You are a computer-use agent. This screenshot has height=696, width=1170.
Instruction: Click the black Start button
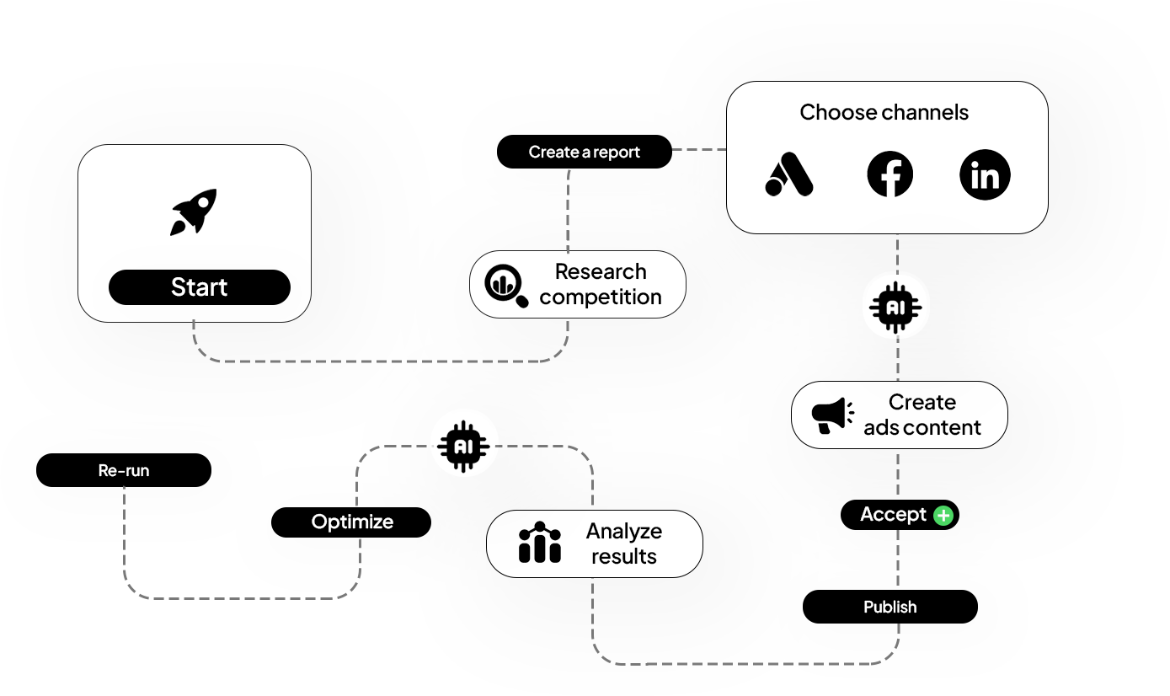click(200, 287)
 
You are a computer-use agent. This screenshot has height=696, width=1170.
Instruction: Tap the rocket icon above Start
click(195, 211)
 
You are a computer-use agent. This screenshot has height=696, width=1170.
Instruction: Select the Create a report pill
click(585, 153)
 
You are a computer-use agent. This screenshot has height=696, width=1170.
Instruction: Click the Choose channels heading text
click(884, 113)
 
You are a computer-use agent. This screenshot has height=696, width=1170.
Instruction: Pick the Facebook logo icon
click(890, 175)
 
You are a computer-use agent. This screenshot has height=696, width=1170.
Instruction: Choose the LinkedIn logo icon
click(985, 175)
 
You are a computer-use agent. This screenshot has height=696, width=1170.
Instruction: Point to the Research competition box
click(578, 285)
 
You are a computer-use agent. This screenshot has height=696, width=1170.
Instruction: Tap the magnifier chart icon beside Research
click(506, 285)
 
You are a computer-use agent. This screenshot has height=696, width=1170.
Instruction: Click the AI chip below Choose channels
click(896, 308)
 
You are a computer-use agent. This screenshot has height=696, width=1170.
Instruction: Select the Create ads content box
click(899, 415)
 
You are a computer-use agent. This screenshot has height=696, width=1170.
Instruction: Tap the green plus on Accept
click(943, 515)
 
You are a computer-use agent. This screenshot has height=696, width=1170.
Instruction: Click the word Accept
click(893, 514)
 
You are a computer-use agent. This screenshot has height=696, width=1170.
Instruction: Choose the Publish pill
click(890, 607)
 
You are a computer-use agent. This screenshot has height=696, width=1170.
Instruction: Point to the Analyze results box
click(595, 543)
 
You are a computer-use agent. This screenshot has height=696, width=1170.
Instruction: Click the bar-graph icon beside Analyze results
click(540, 543)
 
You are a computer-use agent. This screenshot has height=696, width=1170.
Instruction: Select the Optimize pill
click(351, 522)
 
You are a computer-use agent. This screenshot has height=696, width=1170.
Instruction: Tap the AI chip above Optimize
click(464, 444)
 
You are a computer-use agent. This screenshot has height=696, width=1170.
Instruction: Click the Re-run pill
click(124, 470)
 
